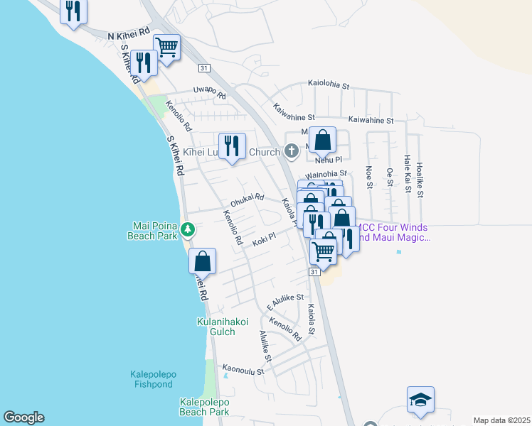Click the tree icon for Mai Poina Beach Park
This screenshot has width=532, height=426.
[187, 229]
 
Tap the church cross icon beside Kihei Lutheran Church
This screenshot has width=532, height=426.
[291, 151]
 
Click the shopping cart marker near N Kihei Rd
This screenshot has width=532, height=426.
[166, 48]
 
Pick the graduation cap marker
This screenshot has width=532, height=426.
[420, 400]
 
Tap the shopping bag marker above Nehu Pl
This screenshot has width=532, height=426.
[322, 140]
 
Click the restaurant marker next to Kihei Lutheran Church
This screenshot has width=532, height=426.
[232, 147]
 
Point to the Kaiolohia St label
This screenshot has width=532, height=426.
[329, 84]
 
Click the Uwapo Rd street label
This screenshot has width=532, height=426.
[210, 92]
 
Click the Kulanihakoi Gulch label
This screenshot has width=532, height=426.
[222, 327]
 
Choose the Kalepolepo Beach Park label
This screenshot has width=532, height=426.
[204, 406]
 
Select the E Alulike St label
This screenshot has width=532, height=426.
[285, 302]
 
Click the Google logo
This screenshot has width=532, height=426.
[23, 417]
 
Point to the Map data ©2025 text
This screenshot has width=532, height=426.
[501, 420]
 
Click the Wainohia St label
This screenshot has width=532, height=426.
[325, 174]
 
